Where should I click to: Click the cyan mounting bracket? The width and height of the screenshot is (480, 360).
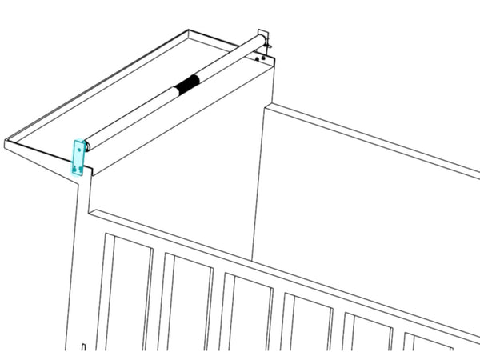point(78,158)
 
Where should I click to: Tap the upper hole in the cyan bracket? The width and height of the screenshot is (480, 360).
point(78,150)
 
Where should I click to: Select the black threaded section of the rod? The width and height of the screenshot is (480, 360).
point(186,83)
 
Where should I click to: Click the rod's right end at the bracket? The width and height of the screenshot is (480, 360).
point(260,39)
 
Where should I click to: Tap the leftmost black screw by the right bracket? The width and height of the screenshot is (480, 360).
point(256,59)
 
